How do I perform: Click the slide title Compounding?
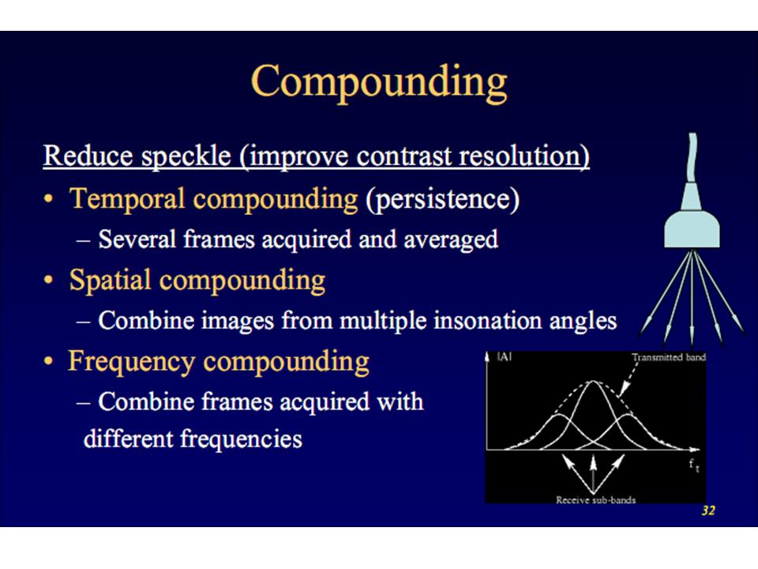[x=379, y=81]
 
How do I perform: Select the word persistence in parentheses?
[x=442, y=198]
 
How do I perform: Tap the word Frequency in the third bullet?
[x=131, y=361]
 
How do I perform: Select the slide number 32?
[x=707, y=511]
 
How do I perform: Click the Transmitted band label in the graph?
[x=668, y=357]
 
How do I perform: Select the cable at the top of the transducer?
[x=693, y=163]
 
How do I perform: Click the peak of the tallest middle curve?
[x=593, y=382]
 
